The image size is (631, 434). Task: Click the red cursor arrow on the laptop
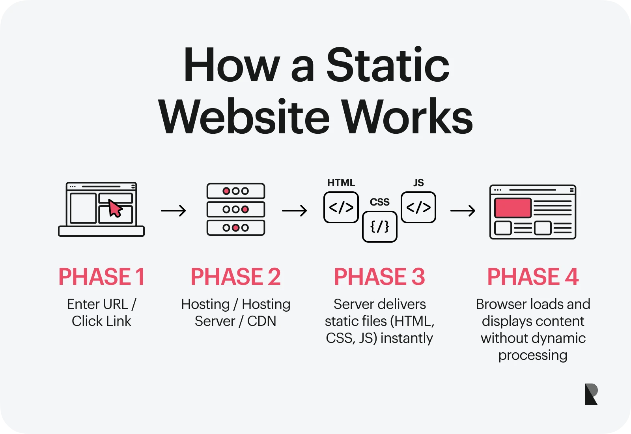[115, 208]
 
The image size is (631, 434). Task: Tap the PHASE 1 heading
[102, 277]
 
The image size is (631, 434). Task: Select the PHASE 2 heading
[235, 277]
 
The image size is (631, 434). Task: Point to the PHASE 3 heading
[379, 277]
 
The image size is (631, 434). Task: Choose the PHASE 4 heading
[533, 277]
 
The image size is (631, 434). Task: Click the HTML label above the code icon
[341, 183]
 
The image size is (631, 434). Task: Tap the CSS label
[379, 202]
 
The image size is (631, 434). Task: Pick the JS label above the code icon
[418, 183]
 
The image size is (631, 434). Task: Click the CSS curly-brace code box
[379, 226]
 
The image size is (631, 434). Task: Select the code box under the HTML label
[341, 208]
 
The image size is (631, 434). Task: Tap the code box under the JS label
[418, 208]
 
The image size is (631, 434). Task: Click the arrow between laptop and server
[174, 211]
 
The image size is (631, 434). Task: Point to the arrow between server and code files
[294, 211]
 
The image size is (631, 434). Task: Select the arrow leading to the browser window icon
[463, 211]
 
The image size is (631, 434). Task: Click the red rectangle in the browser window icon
[513, 208]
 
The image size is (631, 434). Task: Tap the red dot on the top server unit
[226, 191]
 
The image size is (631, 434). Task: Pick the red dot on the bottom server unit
[236, 228]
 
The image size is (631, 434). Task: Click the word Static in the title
[388, 65]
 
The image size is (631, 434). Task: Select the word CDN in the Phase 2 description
[261, 321]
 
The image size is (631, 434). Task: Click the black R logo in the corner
[591, 394]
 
